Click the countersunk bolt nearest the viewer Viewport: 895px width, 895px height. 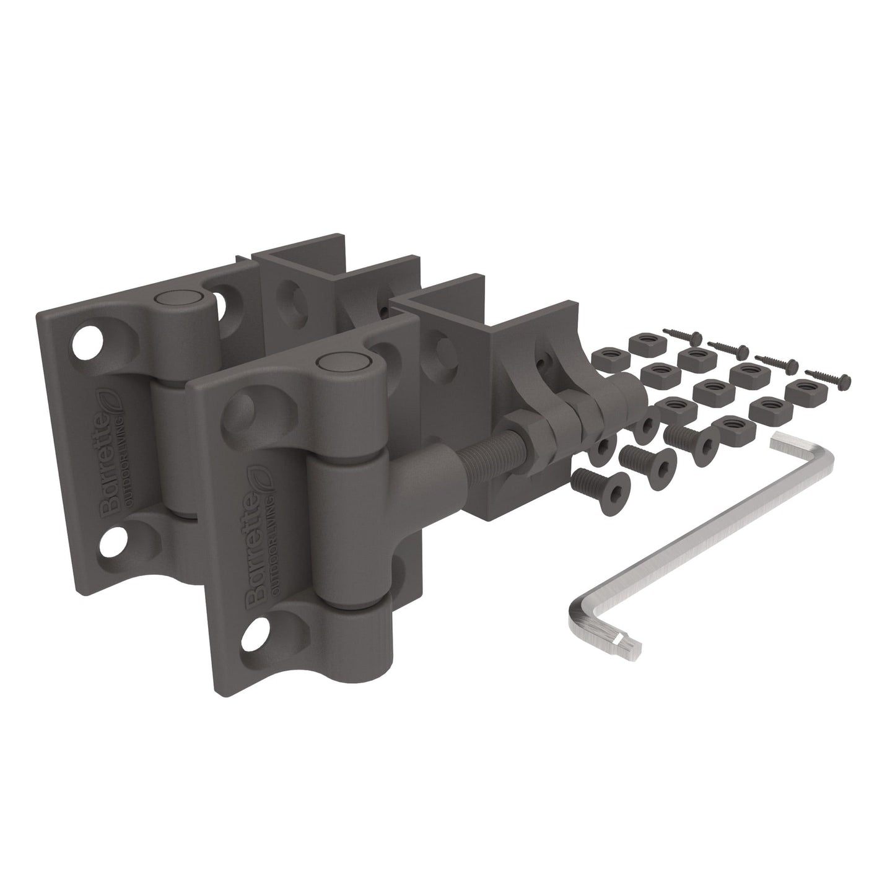pos(592,483)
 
